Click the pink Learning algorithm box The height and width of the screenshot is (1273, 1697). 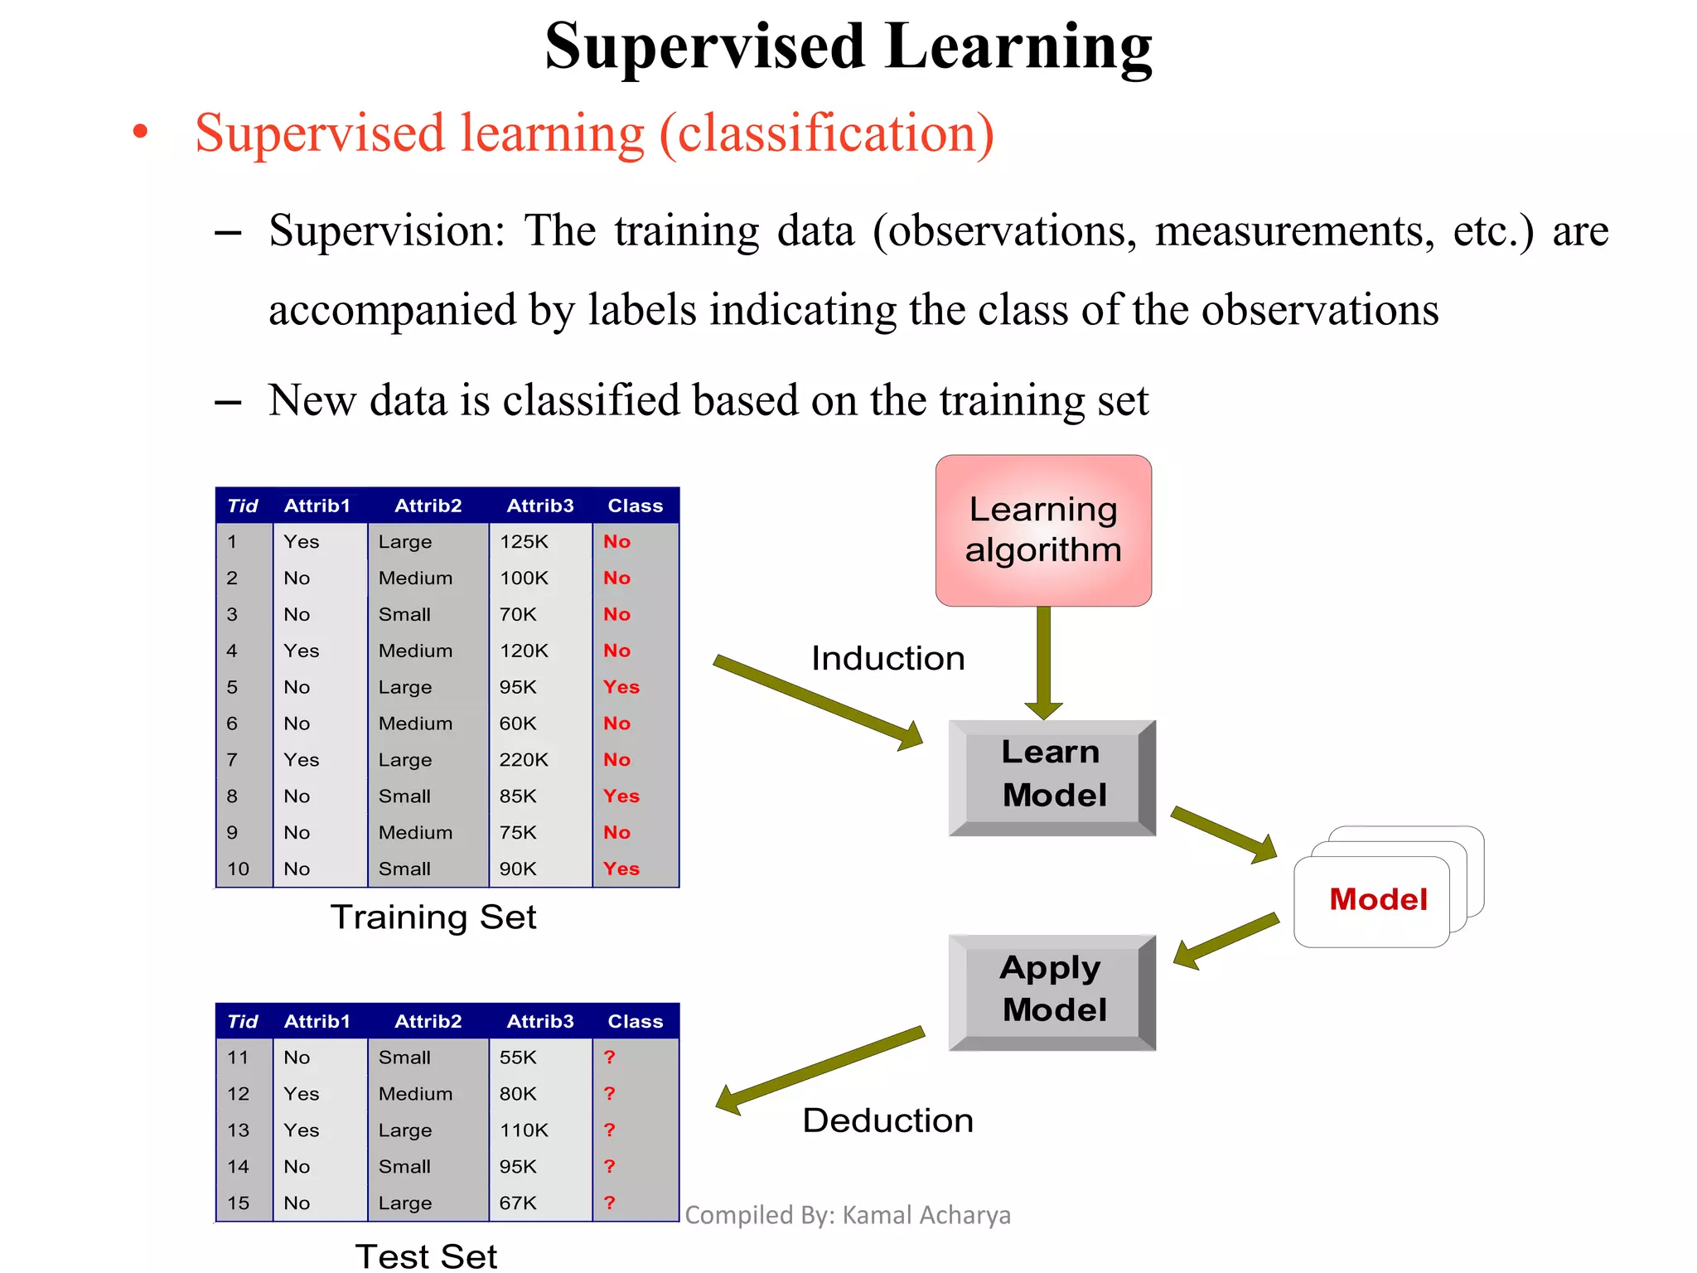[x=1043, y=530]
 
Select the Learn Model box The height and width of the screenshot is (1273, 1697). [x=1052, y=774]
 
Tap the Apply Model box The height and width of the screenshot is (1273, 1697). [x=1052, y=990]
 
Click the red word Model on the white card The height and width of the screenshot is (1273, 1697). [x=1377, y=899]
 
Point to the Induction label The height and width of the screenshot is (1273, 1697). [x=887, y=659]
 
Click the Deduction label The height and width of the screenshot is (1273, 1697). [x=887, y=1121]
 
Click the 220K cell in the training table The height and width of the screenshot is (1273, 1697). [x=524, y=760]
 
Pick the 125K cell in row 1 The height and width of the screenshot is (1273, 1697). [x=524, y=542]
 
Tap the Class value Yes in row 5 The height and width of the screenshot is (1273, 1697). [x=621, y=687]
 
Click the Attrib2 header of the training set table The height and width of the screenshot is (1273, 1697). [x=428, y=506]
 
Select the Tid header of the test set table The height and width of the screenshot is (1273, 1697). [x=242, y=1021]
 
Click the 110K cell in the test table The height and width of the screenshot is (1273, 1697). [x=524, y=1130]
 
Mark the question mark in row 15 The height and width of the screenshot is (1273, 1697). [x=610, y=1203]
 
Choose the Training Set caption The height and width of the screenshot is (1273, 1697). [x=433, y=917]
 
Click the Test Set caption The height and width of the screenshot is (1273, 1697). [x=426, y=1256]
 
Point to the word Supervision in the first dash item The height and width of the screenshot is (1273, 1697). [x=386, y=232]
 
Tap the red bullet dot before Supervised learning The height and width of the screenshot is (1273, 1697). [x=141, y=132]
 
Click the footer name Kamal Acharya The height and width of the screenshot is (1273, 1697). [x=926, y=1215]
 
